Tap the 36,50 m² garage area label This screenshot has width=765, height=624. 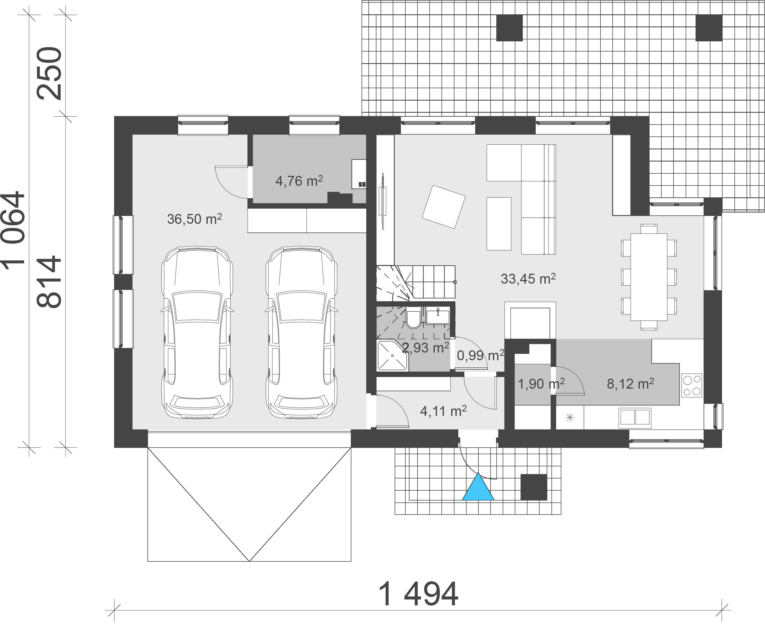pos(194,219)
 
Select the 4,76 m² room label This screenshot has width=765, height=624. pos(299,181)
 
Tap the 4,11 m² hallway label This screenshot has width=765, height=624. pos(443,411)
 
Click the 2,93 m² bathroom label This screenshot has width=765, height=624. pos(425,348)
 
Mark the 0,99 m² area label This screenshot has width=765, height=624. pos(480,356)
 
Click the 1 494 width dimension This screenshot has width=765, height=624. pos(419,594)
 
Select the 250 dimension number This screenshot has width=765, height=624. pos(50,73)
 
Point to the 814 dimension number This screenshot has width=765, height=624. pos(50,281)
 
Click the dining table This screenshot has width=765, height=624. pos(649,277)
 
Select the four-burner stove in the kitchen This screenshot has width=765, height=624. pos(692,386)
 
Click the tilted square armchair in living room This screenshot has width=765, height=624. pos(444,207)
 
